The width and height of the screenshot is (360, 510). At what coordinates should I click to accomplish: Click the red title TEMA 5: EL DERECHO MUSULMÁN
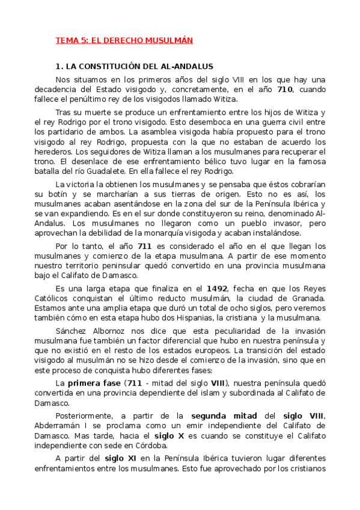[124, 40]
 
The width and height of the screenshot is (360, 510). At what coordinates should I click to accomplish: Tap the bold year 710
[285, 90]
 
